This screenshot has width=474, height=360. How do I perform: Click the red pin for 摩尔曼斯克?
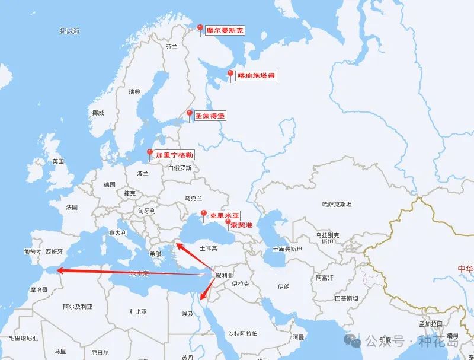(201, 29)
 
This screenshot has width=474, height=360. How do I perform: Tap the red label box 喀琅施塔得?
(256, 76)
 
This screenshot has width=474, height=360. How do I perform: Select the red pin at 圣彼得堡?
(190, 114)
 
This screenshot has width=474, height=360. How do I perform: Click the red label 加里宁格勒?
(175, 154)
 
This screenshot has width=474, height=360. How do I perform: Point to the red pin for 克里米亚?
(204, 214)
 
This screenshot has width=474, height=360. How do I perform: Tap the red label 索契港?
(241, 225)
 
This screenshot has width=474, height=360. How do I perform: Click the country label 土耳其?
(209, 249)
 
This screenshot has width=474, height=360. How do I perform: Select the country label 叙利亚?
(225, 275)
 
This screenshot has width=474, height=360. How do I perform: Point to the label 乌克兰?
(194, 198)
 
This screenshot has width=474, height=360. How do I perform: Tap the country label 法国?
(72, 207)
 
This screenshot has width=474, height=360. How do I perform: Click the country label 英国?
(57, 161)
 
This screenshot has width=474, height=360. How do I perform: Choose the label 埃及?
(187, 313)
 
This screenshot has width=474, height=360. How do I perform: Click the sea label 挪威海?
(70, 30)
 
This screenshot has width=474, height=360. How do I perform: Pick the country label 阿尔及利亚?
(78, 307)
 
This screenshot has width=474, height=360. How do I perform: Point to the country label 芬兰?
(172, 46)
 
